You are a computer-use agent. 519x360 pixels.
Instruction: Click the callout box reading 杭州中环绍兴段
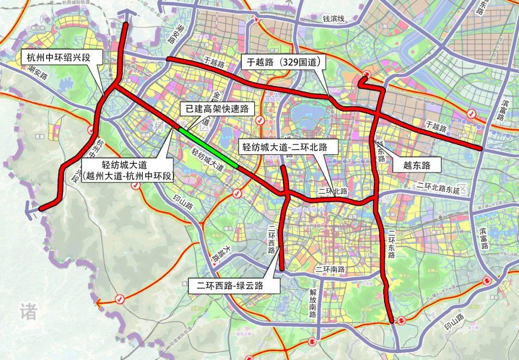click(58, 58)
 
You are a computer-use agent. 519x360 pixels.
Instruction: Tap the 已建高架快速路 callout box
click(217, 109)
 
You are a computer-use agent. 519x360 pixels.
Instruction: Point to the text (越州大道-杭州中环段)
click(127, 176)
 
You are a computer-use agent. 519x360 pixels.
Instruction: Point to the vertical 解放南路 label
click(312, 305)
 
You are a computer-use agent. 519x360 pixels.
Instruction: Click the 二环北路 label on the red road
click(333, 191)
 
